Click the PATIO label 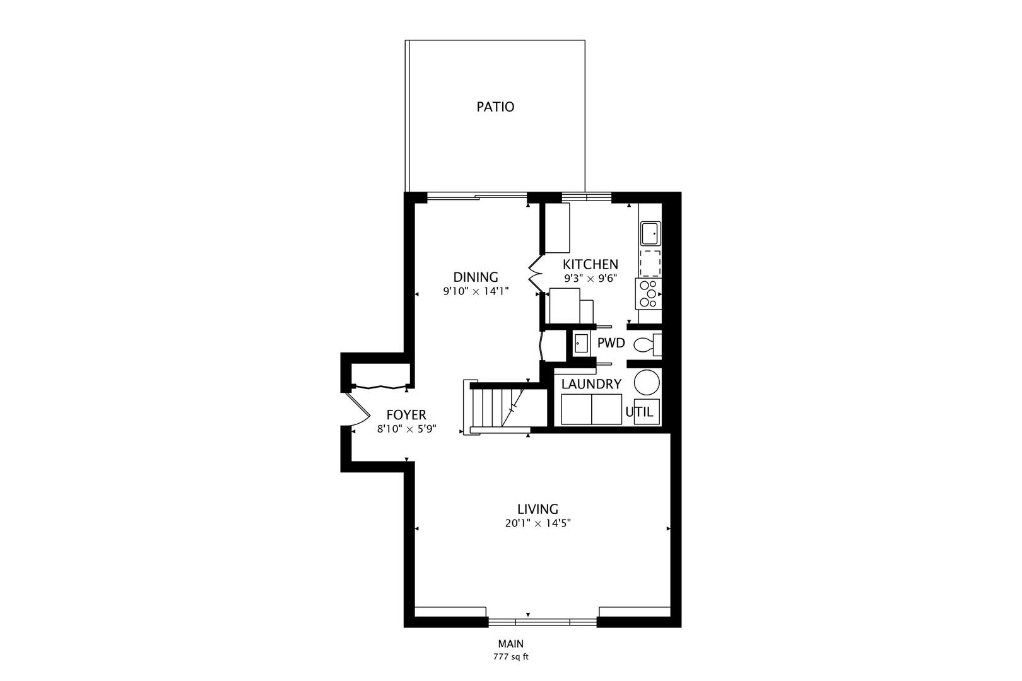pos(495,107)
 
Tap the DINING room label pos(476,277)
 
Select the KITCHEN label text pos(590,264)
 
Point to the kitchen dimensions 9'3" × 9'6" pos(590,278)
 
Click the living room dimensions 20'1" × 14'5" pos(538,523)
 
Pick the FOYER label pos(406,415)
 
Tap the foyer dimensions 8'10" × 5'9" pos(406,429)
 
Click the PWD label pos(611,343)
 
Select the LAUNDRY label pos(591,384)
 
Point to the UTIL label pos(639,412)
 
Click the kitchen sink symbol pos(650,233)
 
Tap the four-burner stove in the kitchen pos(649,294)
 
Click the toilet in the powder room pos(647,345)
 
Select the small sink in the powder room pos(581,343)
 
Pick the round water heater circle pos(647,382)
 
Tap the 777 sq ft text pos(511,657)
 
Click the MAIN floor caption pos(511,644)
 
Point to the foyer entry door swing pos(358,408)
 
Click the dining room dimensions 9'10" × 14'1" pos(476,291)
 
